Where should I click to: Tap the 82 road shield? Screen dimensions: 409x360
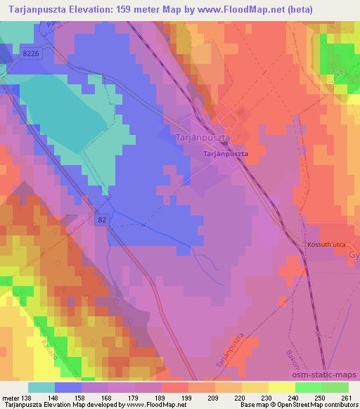(x=103, y=220)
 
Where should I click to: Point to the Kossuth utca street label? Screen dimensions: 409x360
(x=323, y=245)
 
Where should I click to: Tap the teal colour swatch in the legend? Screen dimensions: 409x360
(x=41, y=387)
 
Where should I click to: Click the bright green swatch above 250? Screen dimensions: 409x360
(x=309, y=387)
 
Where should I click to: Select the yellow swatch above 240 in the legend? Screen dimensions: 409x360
(x=282, y=387)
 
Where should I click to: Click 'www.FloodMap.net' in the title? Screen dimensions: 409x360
(x=262, y=8)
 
